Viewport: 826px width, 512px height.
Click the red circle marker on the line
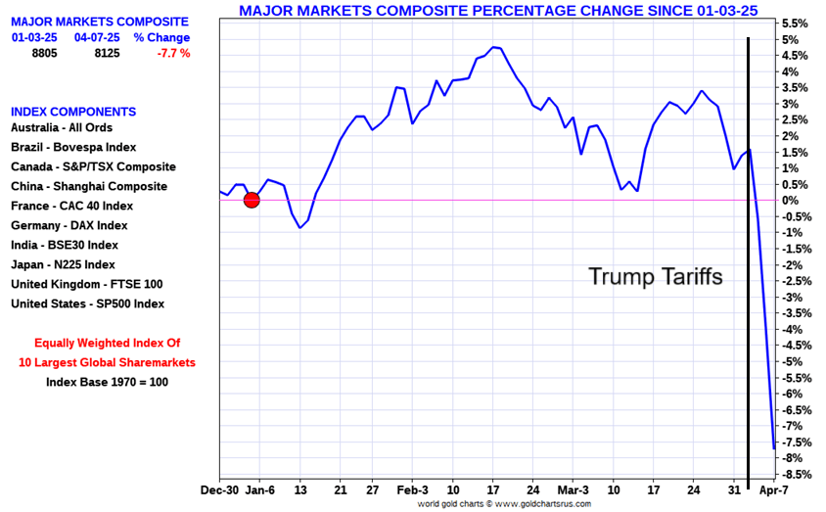point(252,200)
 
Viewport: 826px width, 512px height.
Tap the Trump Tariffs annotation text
point(655,277)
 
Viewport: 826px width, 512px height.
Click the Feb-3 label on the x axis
point(413,489)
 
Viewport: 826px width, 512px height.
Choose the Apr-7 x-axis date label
point(775,489)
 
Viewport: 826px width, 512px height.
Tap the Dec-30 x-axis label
point(220,489)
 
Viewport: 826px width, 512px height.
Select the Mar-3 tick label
point(574,489)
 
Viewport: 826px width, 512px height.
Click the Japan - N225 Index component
point(63,264)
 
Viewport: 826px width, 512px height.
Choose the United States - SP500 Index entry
point(88,303)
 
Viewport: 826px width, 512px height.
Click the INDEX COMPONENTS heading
point(73,112)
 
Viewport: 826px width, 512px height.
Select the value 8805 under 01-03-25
point(44,53)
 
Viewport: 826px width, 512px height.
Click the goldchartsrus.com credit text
point(505,504)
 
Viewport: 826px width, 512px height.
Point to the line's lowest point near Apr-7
point(774,448)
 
